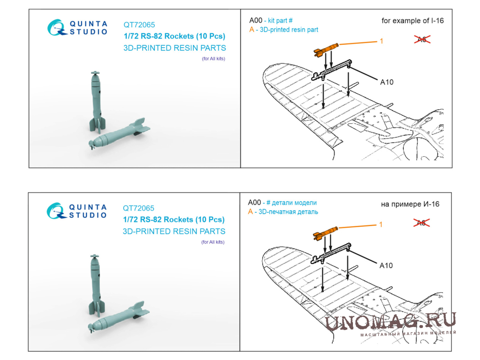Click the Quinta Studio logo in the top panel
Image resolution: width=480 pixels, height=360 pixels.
(x=78, y=28)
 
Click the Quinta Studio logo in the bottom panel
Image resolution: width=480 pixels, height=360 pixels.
(x=77, y=211)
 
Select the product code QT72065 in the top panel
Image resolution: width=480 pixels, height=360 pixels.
(x=139, y=25)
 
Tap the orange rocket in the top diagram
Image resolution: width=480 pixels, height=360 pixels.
(x=326, y=49)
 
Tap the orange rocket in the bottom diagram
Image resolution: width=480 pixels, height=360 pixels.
(x=325, y=233)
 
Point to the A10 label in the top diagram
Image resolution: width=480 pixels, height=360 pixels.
(x=387, y=82)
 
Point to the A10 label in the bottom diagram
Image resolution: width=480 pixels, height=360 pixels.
(x=386, y=265)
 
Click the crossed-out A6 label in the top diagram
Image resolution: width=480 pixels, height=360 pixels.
(x=422, y=39)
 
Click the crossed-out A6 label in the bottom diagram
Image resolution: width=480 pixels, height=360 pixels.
(x=422, y=223)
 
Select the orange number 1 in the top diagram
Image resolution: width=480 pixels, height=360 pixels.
(x=382, y=41)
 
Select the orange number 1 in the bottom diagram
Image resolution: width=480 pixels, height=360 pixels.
(x=381, y=224)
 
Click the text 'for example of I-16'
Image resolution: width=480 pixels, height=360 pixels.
(x=412, y=21)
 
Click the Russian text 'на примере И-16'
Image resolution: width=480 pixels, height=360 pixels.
(x=410, y=204)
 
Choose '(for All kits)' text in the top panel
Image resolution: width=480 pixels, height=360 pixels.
(x=213, y=58)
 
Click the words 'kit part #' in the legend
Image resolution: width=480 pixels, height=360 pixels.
(x=280, y=21)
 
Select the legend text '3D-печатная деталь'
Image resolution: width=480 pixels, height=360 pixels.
(x=288, y=212)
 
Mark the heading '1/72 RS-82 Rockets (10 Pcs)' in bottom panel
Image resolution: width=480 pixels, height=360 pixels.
(x=174, y=219)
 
